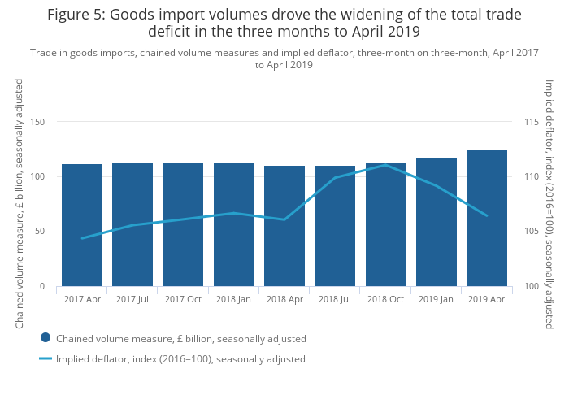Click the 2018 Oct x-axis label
click(385, 299)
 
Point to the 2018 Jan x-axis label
click(233, 299)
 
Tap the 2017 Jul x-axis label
click(132, 299)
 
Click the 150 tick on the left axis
click(37, 122)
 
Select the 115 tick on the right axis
click(532, 122)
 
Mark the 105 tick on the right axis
click(532, 232)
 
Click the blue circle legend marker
click(46, 337)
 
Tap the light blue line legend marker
click(46, 358)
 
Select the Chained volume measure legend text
click(180, 338)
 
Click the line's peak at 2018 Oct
click(385, 165)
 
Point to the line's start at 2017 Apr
click(82, 238)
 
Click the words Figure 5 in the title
click(77, 15)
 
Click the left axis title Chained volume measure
click(20, 203)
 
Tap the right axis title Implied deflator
click(549, 203)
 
